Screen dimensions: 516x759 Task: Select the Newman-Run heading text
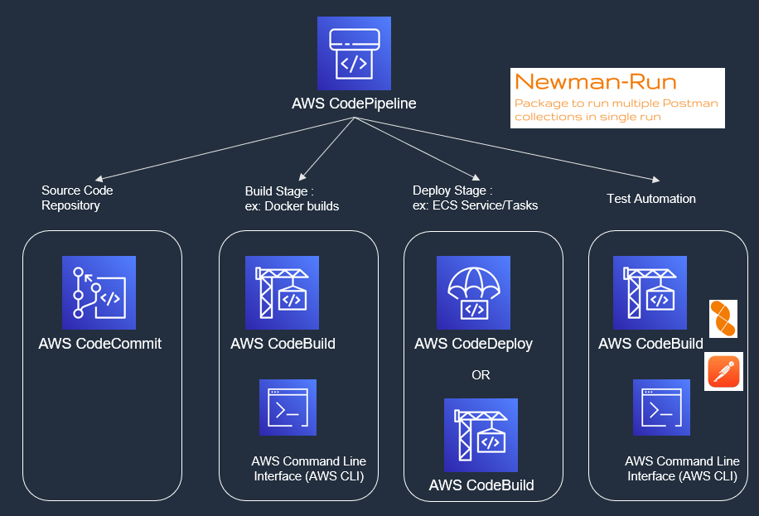pos(595,82)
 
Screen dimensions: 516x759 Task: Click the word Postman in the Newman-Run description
pos(692,104)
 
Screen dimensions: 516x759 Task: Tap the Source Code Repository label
pos(77,197)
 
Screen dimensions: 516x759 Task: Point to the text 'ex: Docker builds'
pos(292,205)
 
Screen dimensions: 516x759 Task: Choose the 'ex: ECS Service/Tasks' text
pos(475,205)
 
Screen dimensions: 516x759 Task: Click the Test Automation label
pos(650,199)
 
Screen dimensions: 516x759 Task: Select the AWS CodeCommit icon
pos(99,292)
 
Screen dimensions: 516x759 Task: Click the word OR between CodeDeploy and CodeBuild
pos(481,375)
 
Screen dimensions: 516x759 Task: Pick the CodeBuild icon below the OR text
pos(481,435)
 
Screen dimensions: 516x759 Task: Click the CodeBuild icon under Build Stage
pos(283,292)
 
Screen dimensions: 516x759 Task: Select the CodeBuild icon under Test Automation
pos(650,292)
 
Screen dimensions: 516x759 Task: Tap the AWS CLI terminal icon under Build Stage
pos(288,407)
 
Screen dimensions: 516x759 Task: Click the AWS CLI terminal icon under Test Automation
pos(661,407)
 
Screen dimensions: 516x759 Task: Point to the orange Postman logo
pos(723,371)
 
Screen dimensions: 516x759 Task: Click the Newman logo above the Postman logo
pos(723,319)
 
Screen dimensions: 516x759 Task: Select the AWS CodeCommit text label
pos(99,344)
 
